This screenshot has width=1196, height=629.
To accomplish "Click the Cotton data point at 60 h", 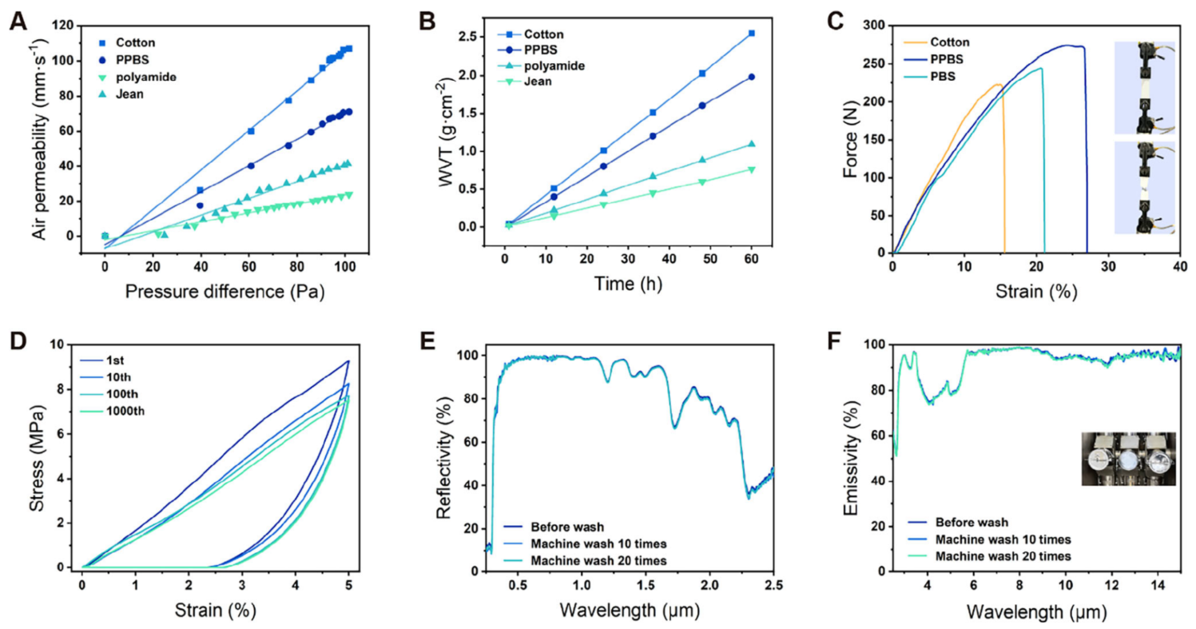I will [751, 34].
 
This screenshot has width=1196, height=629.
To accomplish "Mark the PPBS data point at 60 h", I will [751, 77].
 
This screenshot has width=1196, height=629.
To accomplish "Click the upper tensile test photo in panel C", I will [1144, 87].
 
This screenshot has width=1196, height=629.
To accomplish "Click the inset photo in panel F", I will [1128, 460].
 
